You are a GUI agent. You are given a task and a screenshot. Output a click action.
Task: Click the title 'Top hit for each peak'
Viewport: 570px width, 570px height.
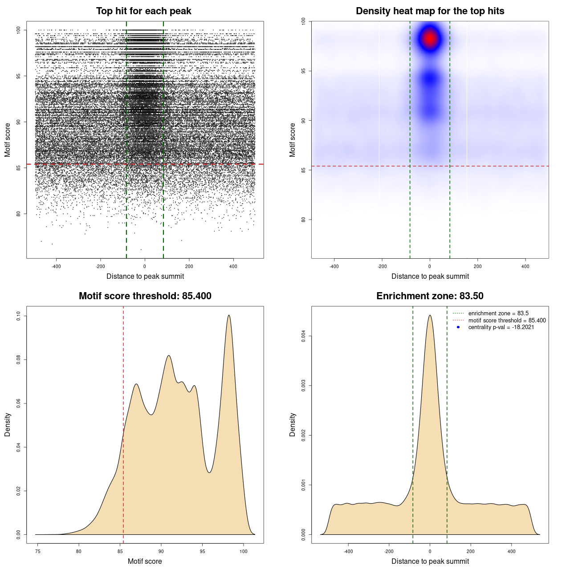(143, 11)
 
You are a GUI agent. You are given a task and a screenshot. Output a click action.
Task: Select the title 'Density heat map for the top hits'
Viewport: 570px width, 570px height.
(430, 11)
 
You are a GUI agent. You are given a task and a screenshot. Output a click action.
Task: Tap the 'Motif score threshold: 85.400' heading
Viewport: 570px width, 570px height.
(145, 296)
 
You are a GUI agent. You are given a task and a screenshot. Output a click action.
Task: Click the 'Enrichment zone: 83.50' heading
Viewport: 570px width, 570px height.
(430, 296)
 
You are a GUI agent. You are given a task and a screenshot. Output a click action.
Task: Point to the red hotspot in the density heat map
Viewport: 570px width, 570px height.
(430, 38)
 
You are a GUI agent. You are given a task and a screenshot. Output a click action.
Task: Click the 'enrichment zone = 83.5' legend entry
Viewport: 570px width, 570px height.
(498, 313)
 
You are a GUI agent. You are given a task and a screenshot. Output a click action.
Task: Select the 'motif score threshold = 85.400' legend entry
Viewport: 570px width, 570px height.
(507, 320)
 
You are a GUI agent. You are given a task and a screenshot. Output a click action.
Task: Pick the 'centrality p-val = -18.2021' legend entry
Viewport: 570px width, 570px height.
(501, 327)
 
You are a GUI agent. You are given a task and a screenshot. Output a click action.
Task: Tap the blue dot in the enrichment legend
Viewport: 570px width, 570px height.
(458, 327)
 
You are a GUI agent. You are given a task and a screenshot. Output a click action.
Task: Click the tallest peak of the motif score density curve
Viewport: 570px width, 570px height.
(229, 315)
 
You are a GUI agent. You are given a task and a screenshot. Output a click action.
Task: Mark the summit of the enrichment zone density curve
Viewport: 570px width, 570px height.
(430, 315)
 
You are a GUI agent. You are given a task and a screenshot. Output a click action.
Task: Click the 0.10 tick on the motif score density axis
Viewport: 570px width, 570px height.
(18, 316)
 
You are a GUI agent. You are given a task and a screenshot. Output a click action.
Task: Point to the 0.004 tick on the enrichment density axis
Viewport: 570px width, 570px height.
(303, 336)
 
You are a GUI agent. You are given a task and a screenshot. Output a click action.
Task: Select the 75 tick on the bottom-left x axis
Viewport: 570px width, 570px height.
(38, 551)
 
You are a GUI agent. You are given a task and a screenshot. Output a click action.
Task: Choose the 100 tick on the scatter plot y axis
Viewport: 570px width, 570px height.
(18, 30)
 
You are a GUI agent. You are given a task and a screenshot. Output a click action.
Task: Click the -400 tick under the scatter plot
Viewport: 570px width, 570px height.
(56, 266)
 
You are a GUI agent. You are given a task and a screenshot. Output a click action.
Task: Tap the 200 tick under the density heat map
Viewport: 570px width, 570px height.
(477, 266)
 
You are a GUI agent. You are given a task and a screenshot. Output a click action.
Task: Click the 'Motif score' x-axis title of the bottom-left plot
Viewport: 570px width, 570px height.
(145, 561)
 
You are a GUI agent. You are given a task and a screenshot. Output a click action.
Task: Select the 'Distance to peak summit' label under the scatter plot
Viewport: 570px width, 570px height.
(145, 276)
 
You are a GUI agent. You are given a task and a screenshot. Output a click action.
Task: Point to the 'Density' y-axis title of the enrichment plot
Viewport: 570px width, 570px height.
(293, 424)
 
